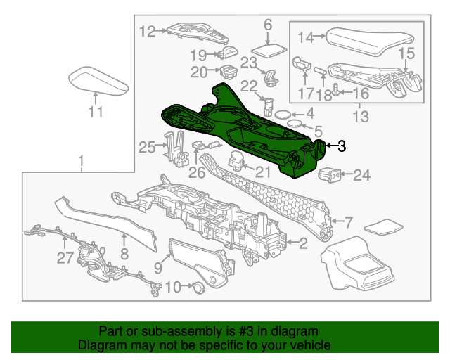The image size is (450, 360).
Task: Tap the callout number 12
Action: click(147, 31)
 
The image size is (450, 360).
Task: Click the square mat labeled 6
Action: click(269, 51)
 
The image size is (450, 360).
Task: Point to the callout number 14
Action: click(305, 37)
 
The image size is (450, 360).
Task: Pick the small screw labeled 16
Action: click(335, 89)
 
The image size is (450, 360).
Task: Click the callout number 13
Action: click(360, 117)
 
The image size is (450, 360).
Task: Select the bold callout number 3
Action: click(341, 146)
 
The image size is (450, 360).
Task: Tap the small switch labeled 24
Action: click(330, 173)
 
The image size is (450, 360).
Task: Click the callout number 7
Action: click(347, 223)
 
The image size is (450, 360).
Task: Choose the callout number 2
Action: click(303, 244)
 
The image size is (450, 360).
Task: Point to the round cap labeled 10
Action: click(198, 286)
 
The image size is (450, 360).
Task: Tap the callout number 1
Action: click(82, 164)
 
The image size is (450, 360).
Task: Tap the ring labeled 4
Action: click(282, 115)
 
